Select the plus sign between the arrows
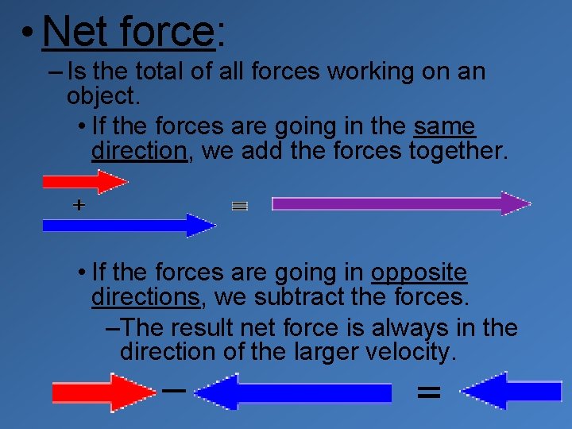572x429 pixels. [x=79, y=205]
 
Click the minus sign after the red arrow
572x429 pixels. [x=173, y=390]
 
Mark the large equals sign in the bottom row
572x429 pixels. [x=428, y=391]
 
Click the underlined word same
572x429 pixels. [x=444, y=126]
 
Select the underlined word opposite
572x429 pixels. [x=419, y=272]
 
